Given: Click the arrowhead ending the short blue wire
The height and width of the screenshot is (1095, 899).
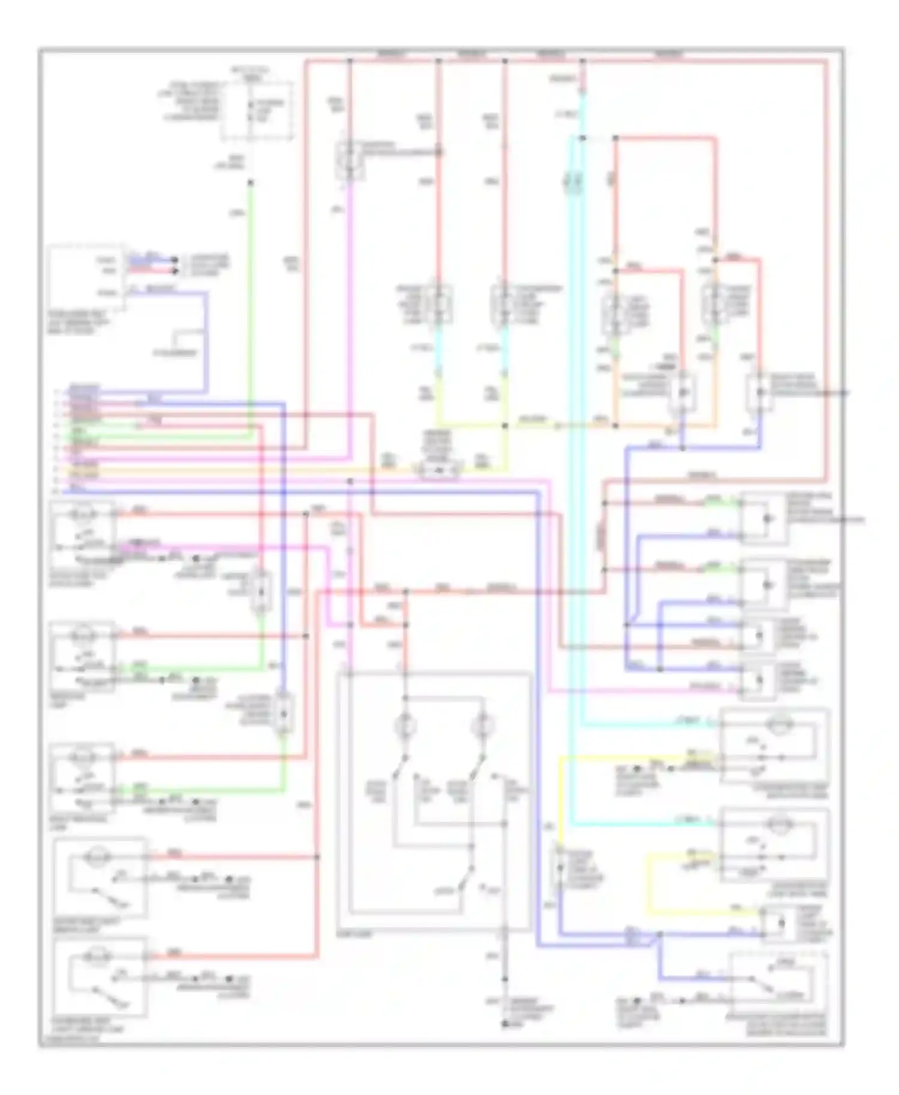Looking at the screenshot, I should pos(174,260).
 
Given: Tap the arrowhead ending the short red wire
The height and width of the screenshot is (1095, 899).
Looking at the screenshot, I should pos(174,271).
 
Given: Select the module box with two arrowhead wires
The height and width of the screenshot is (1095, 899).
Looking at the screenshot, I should pos(86,277).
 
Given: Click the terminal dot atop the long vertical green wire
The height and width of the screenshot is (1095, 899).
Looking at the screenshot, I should pos(251,182).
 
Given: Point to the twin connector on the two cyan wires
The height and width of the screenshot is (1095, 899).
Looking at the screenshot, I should pos(572,180).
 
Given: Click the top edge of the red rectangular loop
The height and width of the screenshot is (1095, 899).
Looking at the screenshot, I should pos(665,138).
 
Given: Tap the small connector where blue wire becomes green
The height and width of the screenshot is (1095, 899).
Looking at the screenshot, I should pos(283,713).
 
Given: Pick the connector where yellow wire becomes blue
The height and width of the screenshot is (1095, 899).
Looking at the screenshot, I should pos(559,868).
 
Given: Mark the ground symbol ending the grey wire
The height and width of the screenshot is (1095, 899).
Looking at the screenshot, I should pos(505,1024).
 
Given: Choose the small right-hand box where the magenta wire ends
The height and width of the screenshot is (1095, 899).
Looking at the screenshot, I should pos(758,682).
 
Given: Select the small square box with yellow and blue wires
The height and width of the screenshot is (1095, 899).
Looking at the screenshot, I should pos(780,924).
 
